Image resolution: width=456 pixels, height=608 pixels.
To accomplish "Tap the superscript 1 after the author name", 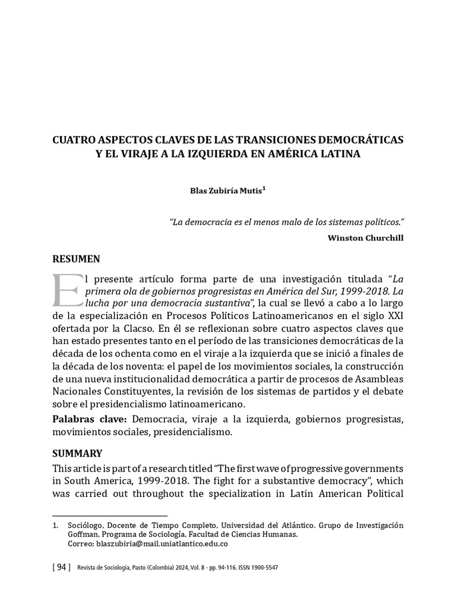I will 264,189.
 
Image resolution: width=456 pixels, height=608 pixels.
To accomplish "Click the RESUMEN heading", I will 77,259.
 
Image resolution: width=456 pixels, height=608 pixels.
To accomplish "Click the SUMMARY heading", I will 78,453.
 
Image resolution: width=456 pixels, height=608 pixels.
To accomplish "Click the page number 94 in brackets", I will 61,568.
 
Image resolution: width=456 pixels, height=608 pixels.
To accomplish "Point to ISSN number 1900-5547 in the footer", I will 261,568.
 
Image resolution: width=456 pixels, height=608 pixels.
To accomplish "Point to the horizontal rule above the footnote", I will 110,516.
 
